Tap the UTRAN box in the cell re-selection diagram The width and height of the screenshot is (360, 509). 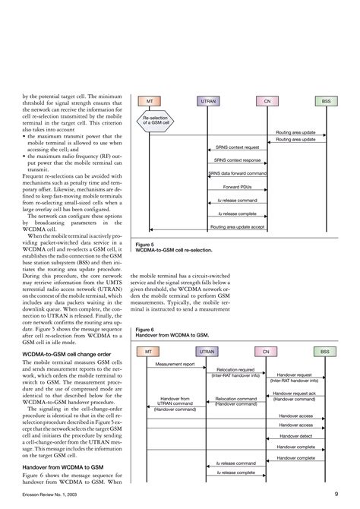(x=207, y=101)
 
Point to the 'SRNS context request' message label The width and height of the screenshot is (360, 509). (x=236, y=147)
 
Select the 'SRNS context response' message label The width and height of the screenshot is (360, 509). (x=236, y=160)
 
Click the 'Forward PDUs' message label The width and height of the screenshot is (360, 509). (x=237, y=187)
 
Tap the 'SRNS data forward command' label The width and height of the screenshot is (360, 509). (x=237, y=173)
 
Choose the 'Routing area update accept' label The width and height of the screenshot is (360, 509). (x=237, y=226)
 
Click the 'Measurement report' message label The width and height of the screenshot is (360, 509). (x=175, y=365)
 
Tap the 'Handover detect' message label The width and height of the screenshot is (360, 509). (x=295, y=436)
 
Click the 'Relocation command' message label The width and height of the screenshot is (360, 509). (x=235, y=397)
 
